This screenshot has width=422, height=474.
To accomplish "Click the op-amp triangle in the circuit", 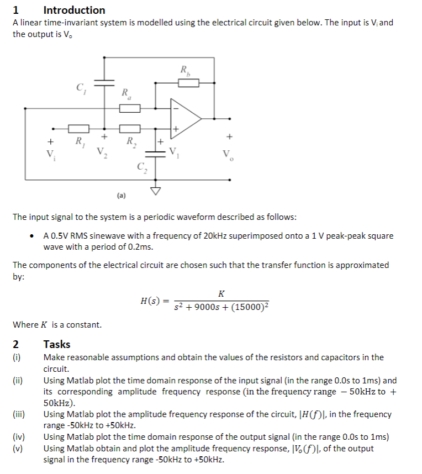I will [x=184, y=118].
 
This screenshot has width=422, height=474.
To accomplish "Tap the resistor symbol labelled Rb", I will [x=188, y=83].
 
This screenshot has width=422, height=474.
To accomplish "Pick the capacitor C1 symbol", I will [x=104, y=82].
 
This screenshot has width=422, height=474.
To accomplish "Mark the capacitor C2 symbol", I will [x=156, y=155].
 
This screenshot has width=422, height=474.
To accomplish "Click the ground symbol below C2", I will [x=156, y=191].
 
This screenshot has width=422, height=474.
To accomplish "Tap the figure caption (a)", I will [x=122, y=195].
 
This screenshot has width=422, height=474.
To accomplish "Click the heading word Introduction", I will [x=74, y=10].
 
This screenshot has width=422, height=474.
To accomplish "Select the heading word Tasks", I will [x=57, y=344].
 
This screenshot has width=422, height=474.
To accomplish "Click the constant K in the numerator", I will [x=221, y=293].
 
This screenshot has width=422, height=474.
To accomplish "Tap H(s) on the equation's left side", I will [x=150, y=301].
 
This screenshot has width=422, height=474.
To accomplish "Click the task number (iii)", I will [x=19, y=414].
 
